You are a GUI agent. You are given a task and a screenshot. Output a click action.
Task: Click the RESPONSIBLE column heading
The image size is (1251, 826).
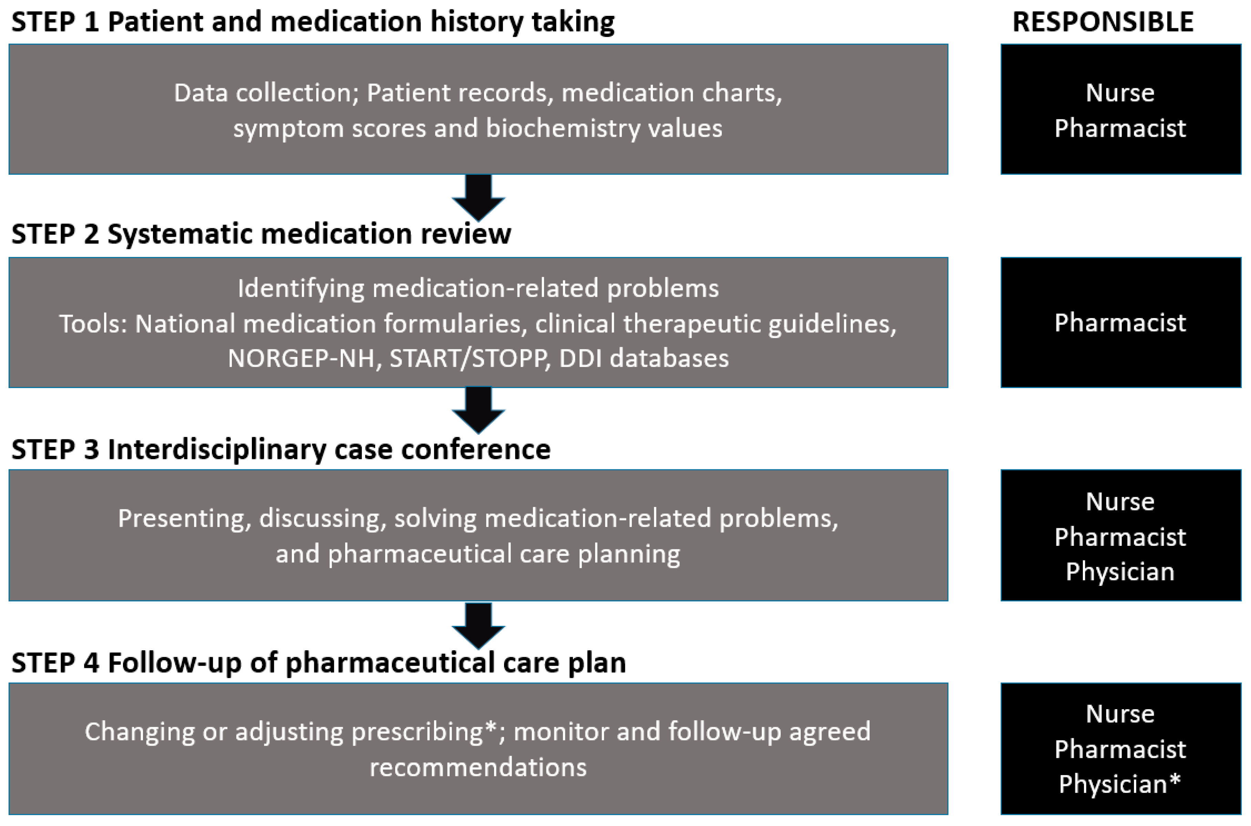(1103, 22)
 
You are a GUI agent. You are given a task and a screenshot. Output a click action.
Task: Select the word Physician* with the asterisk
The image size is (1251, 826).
(1119, 784)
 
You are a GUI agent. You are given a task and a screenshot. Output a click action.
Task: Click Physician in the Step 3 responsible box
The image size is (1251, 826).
(1120, 572)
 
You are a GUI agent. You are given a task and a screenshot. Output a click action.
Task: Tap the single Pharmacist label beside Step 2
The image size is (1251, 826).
(1120, 323)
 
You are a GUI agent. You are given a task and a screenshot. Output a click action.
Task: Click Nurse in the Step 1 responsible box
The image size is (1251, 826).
(1120, 93)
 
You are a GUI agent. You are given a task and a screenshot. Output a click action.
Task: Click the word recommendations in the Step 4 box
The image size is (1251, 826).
(478, 767)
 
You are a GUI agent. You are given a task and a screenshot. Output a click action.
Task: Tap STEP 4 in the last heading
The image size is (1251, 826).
(55, 663)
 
